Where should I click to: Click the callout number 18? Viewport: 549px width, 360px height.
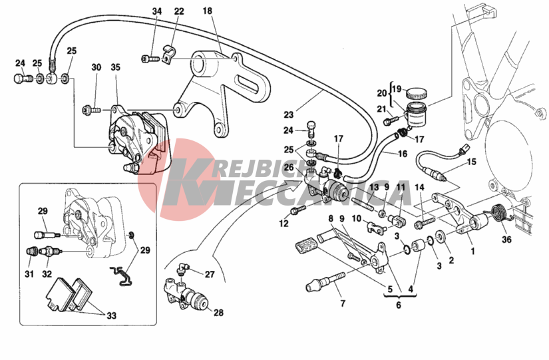coord(207,11)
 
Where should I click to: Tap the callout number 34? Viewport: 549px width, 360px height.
coord(157,11)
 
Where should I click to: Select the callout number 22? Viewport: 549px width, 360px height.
coord(179,11)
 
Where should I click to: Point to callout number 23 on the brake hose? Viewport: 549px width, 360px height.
coord(288,114)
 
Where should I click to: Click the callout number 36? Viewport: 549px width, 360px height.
coord(506,240)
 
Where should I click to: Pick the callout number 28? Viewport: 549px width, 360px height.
coord(218,312)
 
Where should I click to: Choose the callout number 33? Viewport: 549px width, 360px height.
coord(111,316)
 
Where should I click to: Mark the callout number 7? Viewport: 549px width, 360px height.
coord(343,303)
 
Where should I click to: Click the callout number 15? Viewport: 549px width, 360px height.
coord(472,162)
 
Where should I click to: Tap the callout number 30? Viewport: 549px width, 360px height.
coord(96,67)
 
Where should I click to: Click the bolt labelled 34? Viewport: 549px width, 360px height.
coord(148,59)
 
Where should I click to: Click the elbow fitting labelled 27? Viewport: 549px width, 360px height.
coord(182,270)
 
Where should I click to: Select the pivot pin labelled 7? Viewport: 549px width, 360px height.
coord(325,282)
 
